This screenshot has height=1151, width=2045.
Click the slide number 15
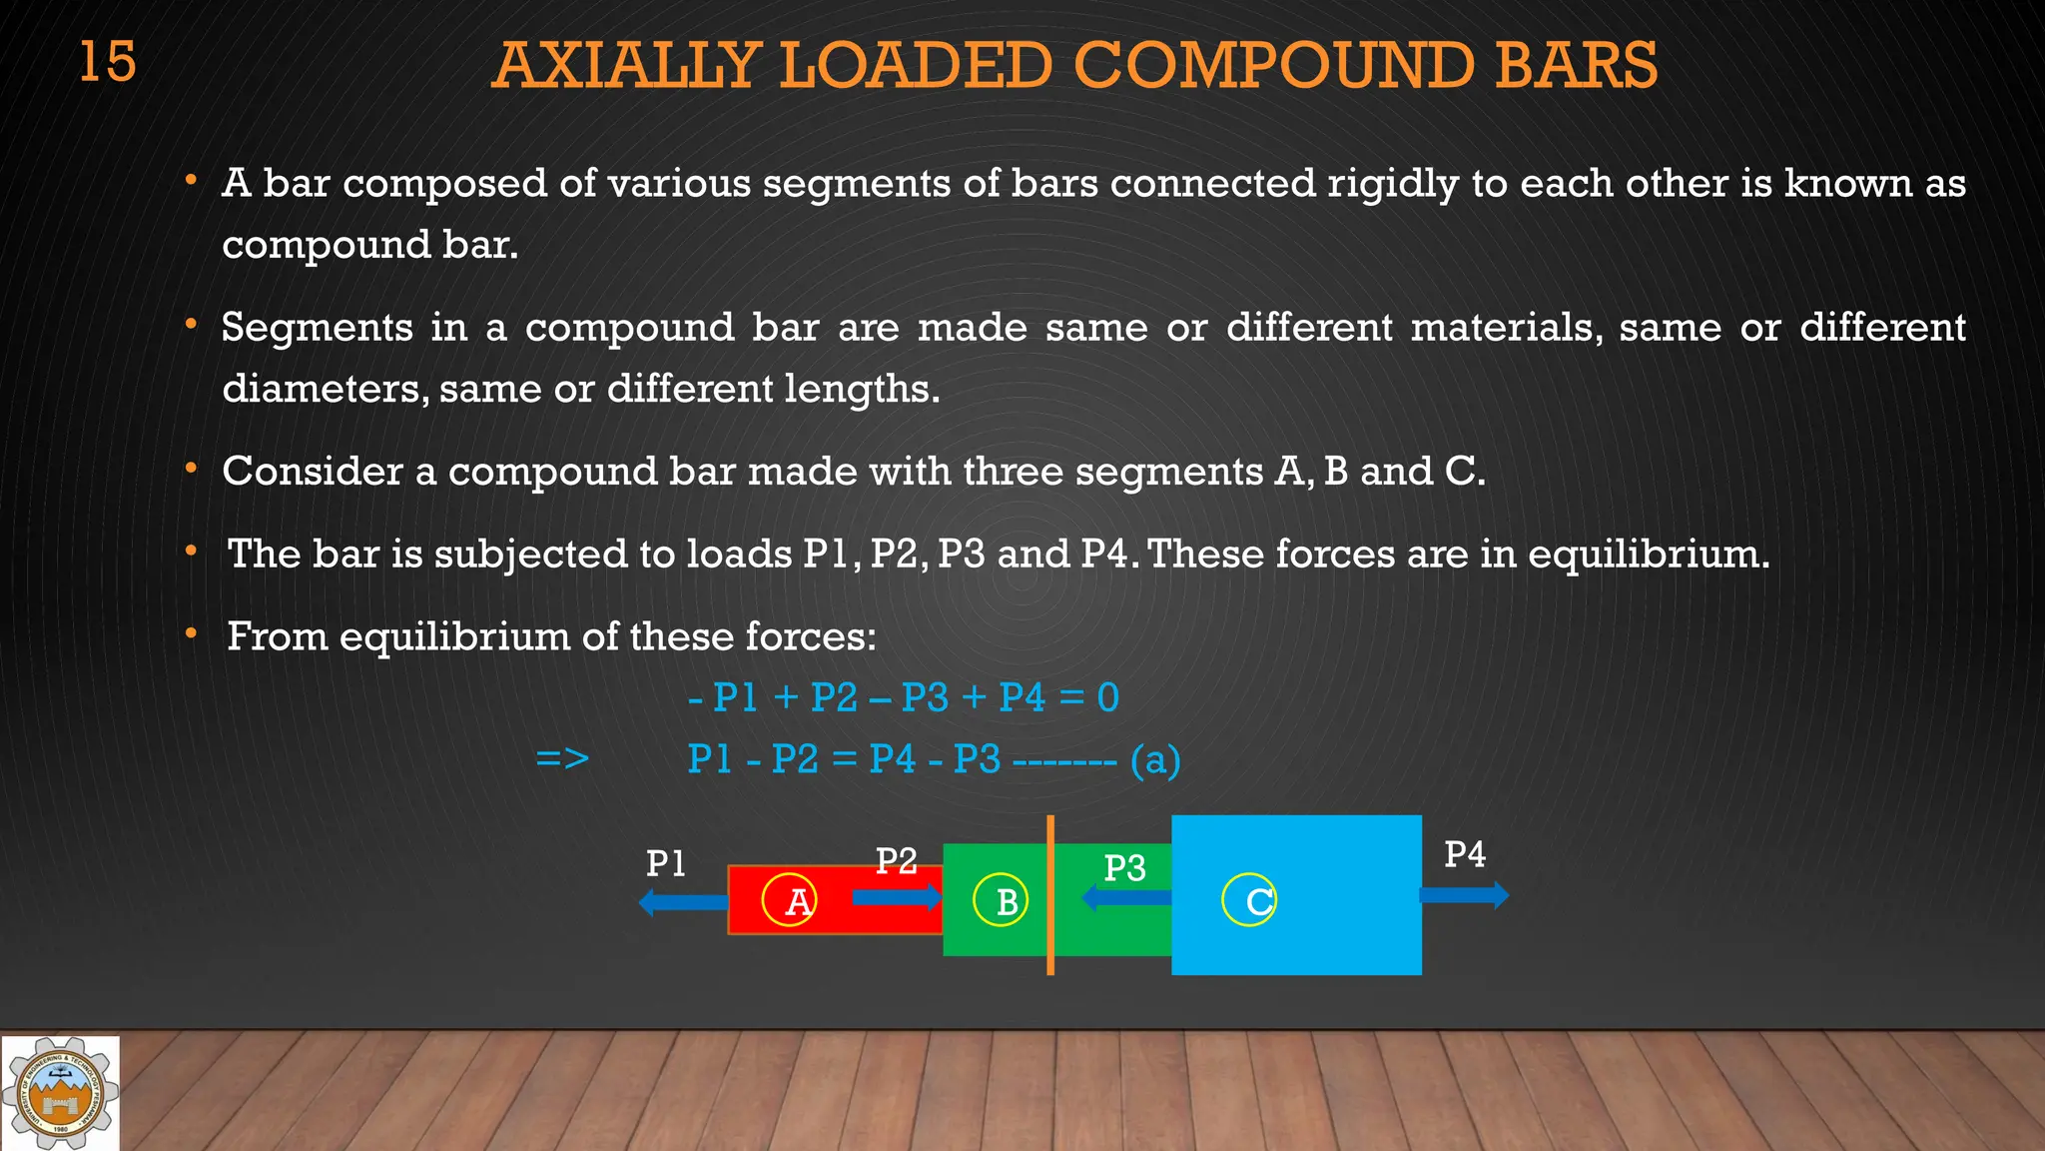107,62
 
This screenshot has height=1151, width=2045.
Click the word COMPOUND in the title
1274,66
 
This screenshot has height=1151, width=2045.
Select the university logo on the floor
60,1093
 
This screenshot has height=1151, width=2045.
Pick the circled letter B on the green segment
1001,901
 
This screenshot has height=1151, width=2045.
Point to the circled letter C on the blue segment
1249,900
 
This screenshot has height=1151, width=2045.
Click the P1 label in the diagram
665,863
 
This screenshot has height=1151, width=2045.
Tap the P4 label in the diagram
1464,855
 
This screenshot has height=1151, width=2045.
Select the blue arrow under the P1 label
683,902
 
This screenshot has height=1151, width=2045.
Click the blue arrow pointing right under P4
1463,894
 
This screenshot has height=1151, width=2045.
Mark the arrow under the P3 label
1125,897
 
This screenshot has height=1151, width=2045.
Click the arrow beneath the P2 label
896,896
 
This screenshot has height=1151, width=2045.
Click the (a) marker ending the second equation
1155,760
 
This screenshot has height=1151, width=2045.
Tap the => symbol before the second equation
562,758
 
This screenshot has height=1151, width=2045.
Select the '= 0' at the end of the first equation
1089,697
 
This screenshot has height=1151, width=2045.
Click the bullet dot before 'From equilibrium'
191,633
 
